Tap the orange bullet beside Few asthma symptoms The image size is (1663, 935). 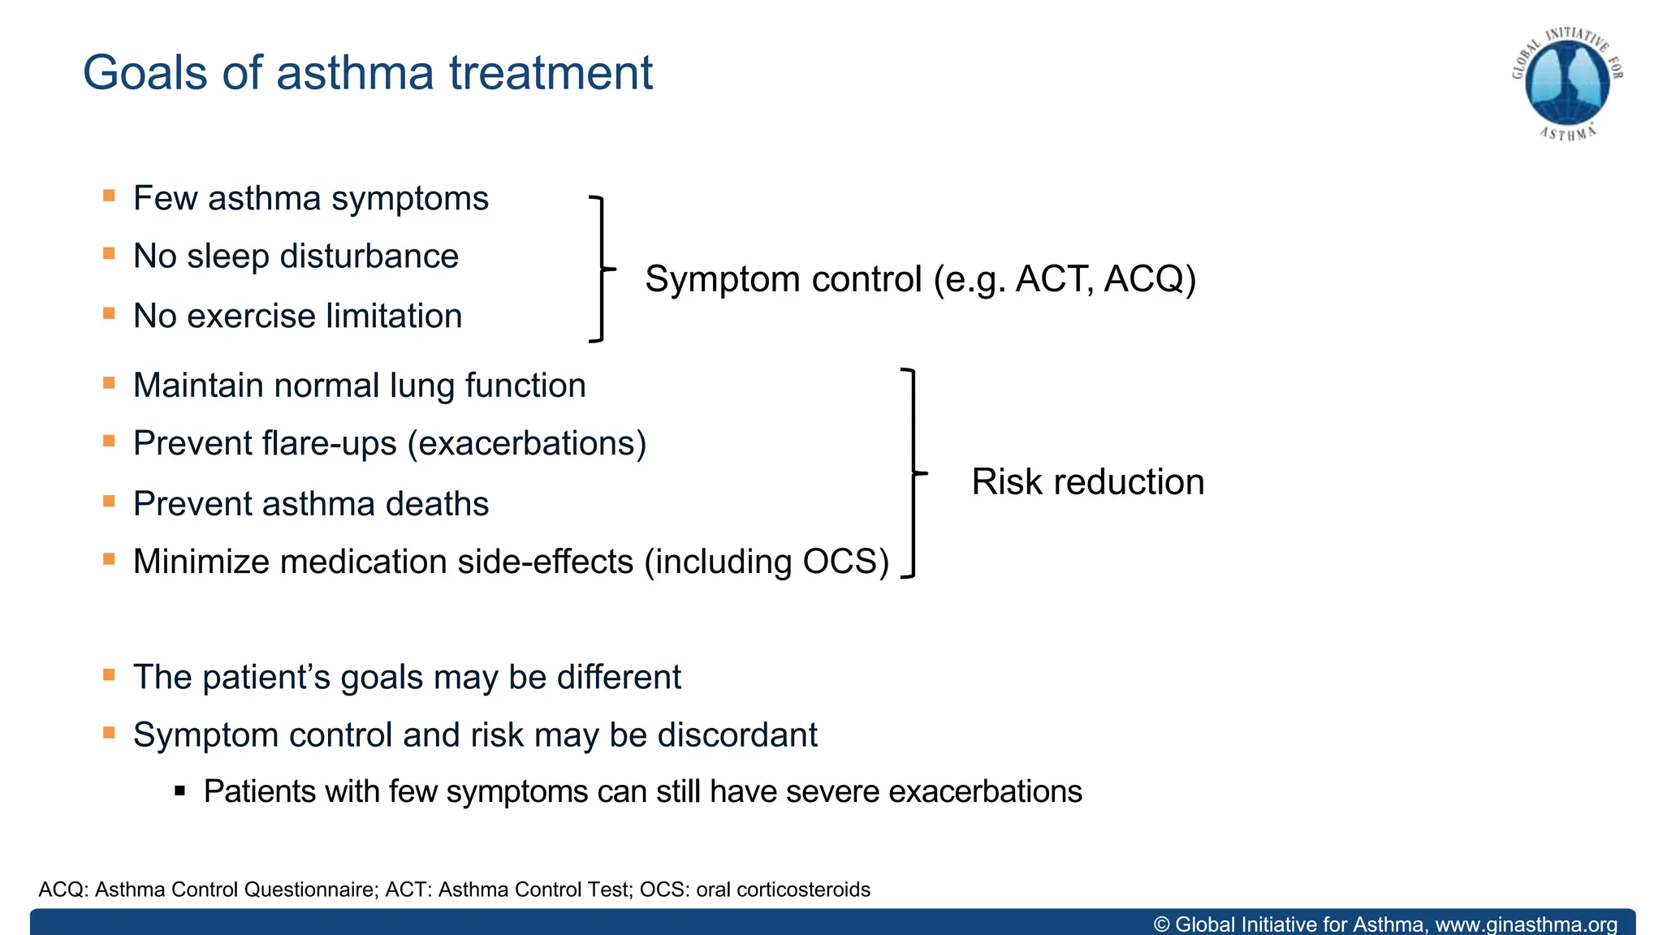point(109,196)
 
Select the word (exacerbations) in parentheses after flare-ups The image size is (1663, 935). point(527,444)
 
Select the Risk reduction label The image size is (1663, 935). point(1087,482)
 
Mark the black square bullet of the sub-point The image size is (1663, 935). point(180,791)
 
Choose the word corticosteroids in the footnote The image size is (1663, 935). point(803,890)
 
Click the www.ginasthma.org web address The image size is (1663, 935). point(1526,924)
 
